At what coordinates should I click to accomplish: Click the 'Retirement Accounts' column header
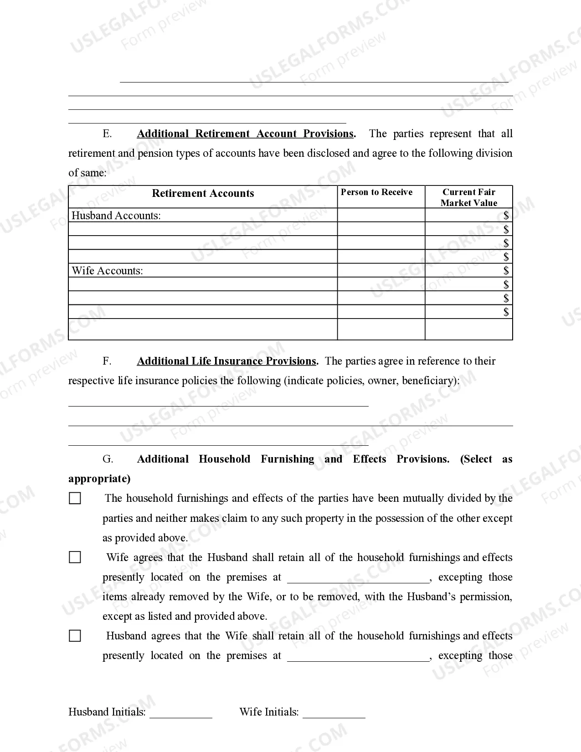click(x=203, y=193)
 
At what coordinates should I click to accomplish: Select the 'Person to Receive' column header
click(x=376, y=192)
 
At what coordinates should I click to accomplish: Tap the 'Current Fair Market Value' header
click(x=469, y=197)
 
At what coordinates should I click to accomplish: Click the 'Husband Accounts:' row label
click(x=116, y=216)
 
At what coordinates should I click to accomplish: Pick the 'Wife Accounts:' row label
click(x=108, y=271)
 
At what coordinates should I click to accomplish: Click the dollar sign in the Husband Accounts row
click(x=506, y=216)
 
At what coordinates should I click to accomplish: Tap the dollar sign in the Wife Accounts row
click(x=506, y=271)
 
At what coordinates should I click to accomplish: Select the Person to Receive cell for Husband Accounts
click(x=381, y=216)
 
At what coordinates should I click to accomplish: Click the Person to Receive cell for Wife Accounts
click(x=381, y=271)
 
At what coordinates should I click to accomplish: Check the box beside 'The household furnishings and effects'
click(x=75, y=498)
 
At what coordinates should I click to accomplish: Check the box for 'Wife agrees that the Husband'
click(x=75, y=557)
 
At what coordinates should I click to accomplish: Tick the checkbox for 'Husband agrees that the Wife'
click(x=75, y=636)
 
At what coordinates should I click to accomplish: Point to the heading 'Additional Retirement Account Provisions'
click(x=245, y=134)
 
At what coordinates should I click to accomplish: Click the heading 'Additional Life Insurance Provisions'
click(x=227, y=361)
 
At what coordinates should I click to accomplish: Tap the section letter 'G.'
click(x=108, y=459)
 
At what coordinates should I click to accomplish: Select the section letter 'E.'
click(x=108, y=134)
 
